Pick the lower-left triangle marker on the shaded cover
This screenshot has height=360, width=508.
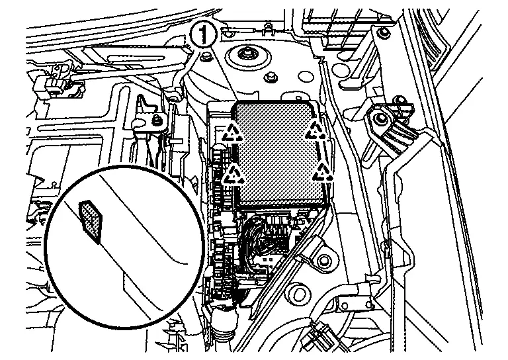point(232,175)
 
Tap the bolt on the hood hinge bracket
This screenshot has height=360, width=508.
point(379,120)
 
